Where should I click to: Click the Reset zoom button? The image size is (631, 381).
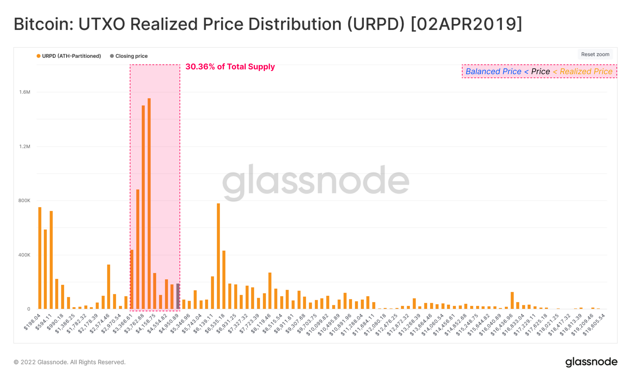click(x=595, y=54)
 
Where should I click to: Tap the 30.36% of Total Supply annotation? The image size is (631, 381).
click(x=230, y=67)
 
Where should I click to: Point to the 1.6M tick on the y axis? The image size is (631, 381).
click(x=25, y=92)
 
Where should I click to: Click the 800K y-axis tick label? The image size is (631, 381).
click(x=24, y=201)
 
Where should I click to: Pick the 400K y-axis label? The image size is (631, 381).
click(x=24, y=255)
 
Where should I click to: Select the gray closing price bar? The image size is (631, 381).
click(x=178, y=296)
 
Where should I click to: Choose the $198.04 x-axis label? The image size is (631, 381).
click(x=32, y=322)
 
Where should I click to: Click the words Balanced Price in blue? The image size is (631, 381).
click(x=493, y=72)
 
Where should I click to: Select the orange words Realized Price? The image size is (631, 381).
click(x=586, y=72)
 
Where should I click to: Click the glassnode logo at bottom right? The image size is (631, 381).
click(x=591, y=362)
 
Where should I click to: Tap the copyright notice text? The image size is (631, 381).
click(x=69, y=362)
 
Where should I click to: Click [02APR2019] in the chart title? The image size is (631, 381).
click(x=467, y=24)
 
